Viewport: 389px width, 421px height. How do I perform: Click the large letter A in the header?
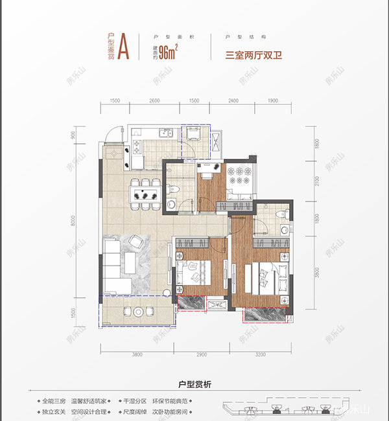pyautogui.click(x=124, y=47)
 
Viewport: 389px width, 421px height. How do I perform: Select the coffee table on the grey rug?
pyautogui.click(x=130, y=263)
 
